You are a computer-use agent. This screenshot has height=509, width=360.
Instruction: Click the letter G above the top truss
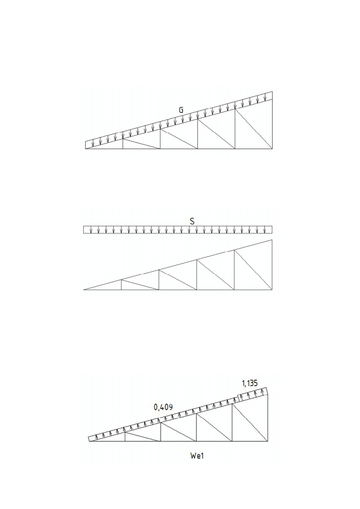[x=181, y=110]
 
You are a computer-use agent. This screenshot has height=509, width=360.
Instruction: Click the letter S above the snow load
[x=192, y=222]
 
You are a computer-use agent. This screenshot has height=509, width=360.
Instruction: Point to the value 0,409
[x=163, y=407]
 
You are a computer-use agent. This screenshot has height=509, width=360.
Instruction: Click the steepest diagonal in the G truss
[x=254, y=129]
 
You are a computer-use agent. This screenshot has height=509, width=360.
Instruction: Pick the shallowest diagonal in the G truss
[x=142, y=144]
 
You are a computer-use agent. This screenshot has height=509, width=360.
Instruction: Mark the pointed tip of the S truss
[x=84, y=290]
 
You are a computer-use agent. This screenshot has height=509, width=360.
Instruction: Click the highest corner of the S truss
[x=272, y=240]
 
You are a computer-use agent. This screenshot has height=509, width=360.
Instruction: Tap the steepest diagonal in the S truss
[x=253, y=270]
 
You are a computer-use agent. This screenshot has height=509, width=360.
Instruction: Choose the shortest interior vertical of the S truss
[x=121, y=285]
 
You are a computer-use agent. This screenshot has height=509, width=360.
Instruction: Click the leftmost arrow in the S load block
[x=91, y=230]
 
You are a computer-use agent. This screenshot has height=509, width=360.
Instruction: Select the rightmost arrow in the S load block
[x=264, y=230]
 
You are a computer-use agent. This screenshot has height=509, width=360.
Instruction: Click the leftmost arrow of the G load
[x=93, y=143]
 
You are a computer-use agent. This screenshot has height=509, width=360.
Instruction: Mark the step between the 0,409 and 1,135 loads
[x=238, y=397]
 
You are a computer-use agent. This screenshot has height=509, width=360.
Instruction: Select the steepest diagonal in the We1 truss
[x=250, y=423]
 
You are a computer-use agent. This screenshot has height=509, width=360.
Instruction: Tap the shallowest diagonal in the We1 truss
[x=143, y=437]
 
